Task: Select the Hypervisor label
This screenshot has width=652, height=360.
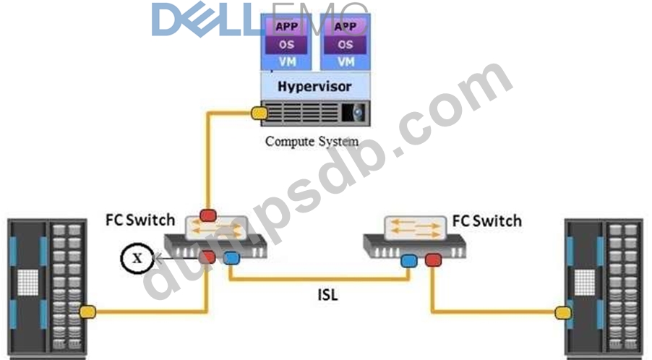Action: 314,87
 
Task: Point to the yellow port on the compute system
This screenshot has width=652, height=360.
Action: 258,113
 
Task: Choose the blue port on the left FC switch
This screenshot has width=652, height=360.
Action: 231,258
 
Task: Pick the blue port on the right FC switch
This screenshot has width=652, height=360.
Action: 410,259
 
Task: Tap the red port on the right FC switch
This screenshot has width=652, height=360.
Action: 433,259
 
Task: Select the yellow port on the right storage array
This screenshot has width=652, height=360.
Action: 561,312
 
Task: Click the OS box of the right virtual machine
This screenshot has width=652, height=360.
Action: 346,45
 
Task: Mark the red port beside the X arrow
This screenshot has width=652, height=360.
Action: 208,257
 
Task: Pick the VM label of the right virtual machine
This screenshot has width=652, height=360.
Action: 346,61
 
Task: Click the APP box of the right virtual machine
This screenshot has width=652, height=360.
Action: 346,27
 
